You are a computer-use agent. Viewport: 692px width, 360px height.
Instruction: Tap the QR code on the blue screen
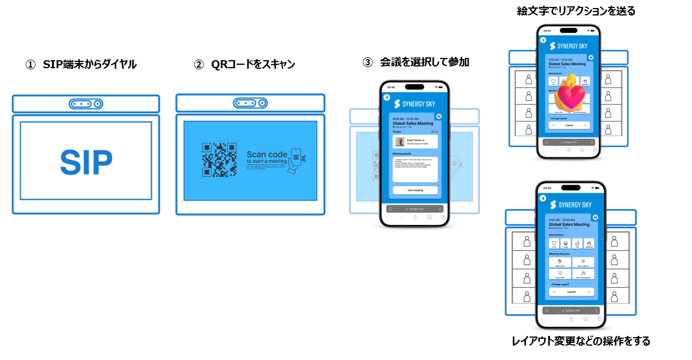click(x=219, y=160)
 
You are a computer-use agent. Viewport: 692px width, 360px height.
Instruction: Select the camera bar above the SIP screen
click(x=86, y=104)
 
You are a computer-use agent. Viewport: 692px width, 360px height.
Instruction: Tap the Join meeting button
click(x=415, y=190)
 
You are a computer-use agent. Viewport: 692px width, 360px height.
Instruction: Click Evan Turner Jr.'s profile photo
click(x=399, y=142)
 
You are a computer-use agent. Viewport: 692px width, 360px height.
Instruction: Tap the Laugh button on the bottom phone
click(x=566, y=244)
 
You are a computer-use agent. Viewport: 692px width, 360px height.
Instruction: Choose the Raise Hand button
click(x=560, y=262)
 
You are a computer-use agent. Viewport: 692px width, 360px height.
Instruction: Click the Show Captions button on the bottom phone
click(x=583, y=262)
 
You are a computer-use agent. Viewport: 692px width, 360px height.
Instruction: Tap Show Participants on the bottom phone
click(x=583, y=274)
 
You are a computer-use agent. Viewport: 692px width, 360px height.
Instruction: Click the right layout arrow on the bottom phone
click(x=588, y=292)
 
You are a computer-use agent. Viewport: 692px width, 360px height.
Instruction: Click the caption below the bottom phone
click(x=580, y=341)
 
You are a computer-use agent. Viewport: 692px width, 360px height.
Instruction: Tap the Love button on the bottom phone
click(x=554, y=244)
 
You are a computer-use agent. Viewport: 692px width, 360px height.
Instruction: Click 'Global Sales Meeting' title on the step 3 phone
click(x=412, y=123)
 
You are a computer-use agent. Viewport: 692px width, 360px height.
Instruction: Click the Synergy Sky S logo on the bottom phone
click(x=553, y=205)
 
